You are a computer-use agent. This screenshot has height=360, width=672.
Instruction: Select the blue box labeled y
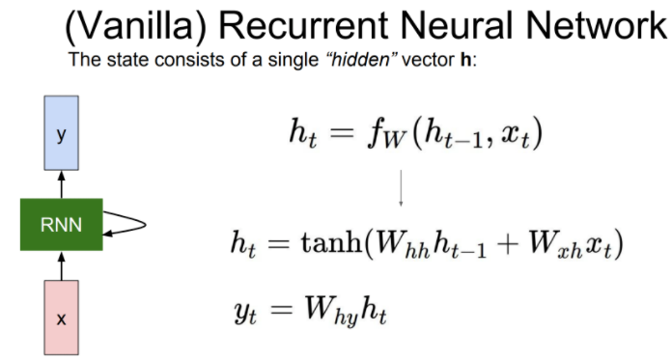click(x=61, y=136)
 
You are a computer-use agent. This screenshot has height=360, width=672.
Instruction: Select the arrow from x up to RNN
click(x=61, y=265)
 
